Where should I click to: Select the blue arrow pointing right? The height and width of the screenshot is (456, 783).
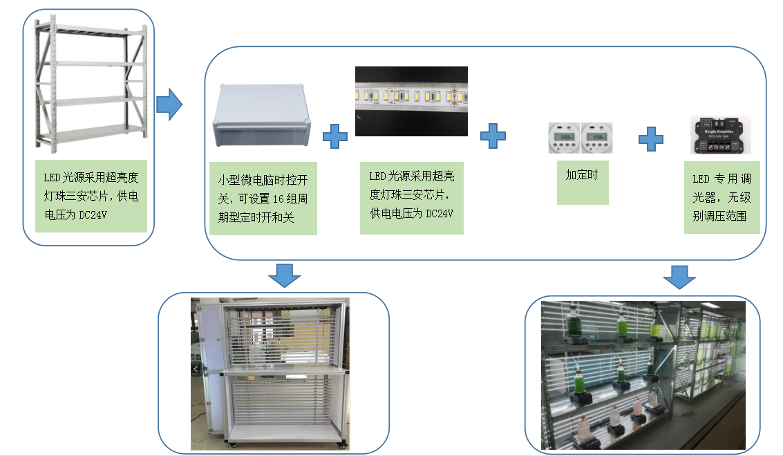click(x=169, y=105)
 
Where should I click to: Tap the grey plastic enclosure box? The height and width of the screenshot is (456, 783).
click(x=262, y=117)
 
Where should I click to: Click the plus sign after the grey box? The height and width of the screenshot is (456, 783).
click(x=335, y=136)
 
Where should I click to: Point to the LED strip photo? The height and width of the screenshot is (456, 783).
click(x=411, y=101)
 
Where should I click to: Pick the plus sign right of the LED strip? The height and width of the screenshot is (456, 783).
click(x=493, y=136)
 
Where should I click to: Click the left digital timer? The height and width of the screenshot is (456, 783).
click(x=563, y=138)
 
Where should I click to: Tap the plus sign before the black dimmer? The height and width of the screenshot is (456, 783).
click(x=650, y=139)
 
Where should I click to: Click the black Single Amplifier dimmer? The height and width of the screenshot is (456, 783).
click(x=721, y=135)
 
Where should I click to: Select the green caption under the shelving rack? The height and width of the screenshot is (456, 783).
click(x=91, y=197)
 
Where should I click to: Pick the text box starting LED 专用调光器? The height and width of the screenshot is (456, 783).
click(x=721, y=197)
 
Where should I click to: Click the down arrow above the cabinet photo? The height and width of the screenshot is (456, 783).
click(x=285, y=275)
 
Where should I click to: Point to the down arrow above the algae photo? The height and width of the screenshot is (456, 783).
click(x=680, y=277)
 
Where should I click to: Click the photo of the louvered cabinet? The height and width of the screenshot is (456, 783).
click(x=270, y=374)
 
